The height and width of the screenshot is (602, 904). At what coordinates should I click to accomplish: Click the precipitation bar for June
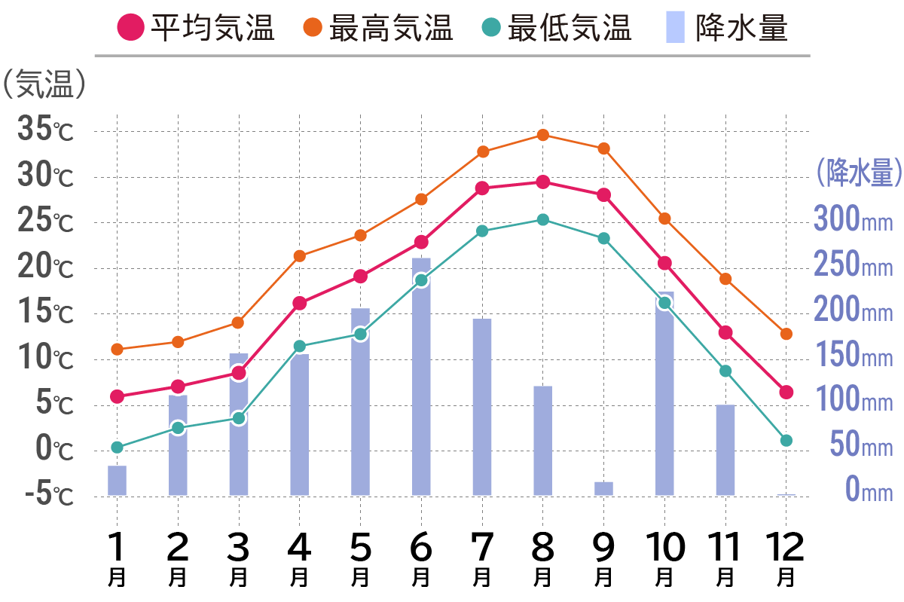coord(421,377)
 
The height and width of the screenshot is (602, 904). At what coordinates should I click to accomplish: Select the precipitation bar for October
coord(664,393)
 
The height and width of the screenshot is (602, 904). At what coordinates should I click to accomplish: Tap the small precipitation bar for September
coord(603,488)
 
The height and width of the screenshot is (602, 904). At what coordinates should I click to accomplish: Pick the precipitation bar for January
coord(117,481)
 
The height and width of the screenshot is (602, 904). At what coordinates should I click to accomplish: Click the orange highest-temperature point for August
coord(542,135)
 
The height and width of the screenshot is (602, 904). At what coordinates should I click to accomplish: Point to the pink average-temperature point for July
coord(482,188)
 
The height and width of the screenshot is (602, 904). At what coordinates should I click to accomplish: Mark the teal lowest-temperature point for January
coord(117,447)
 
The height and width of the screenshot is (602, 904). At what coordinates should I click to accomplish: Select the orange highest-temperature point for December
coord(786,334)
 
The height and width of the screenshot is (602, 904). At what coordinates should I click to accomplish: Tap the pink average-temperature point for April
coord(300,303)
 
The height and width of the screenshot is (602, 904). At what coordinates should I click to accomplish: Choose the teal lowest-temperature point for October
coord(664,303)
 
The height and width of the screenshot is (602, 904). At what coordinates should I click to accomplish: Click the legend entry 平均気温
coord(196,29)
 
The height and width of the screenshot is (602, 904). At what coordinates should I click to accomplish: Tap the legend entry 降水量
coord(728,29)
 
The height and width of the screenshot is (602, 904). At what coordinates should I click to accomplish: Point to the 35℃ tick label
coord(45,131)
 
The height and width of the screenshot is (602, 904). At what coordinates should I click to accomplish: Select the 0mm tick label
coord(866,490)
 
